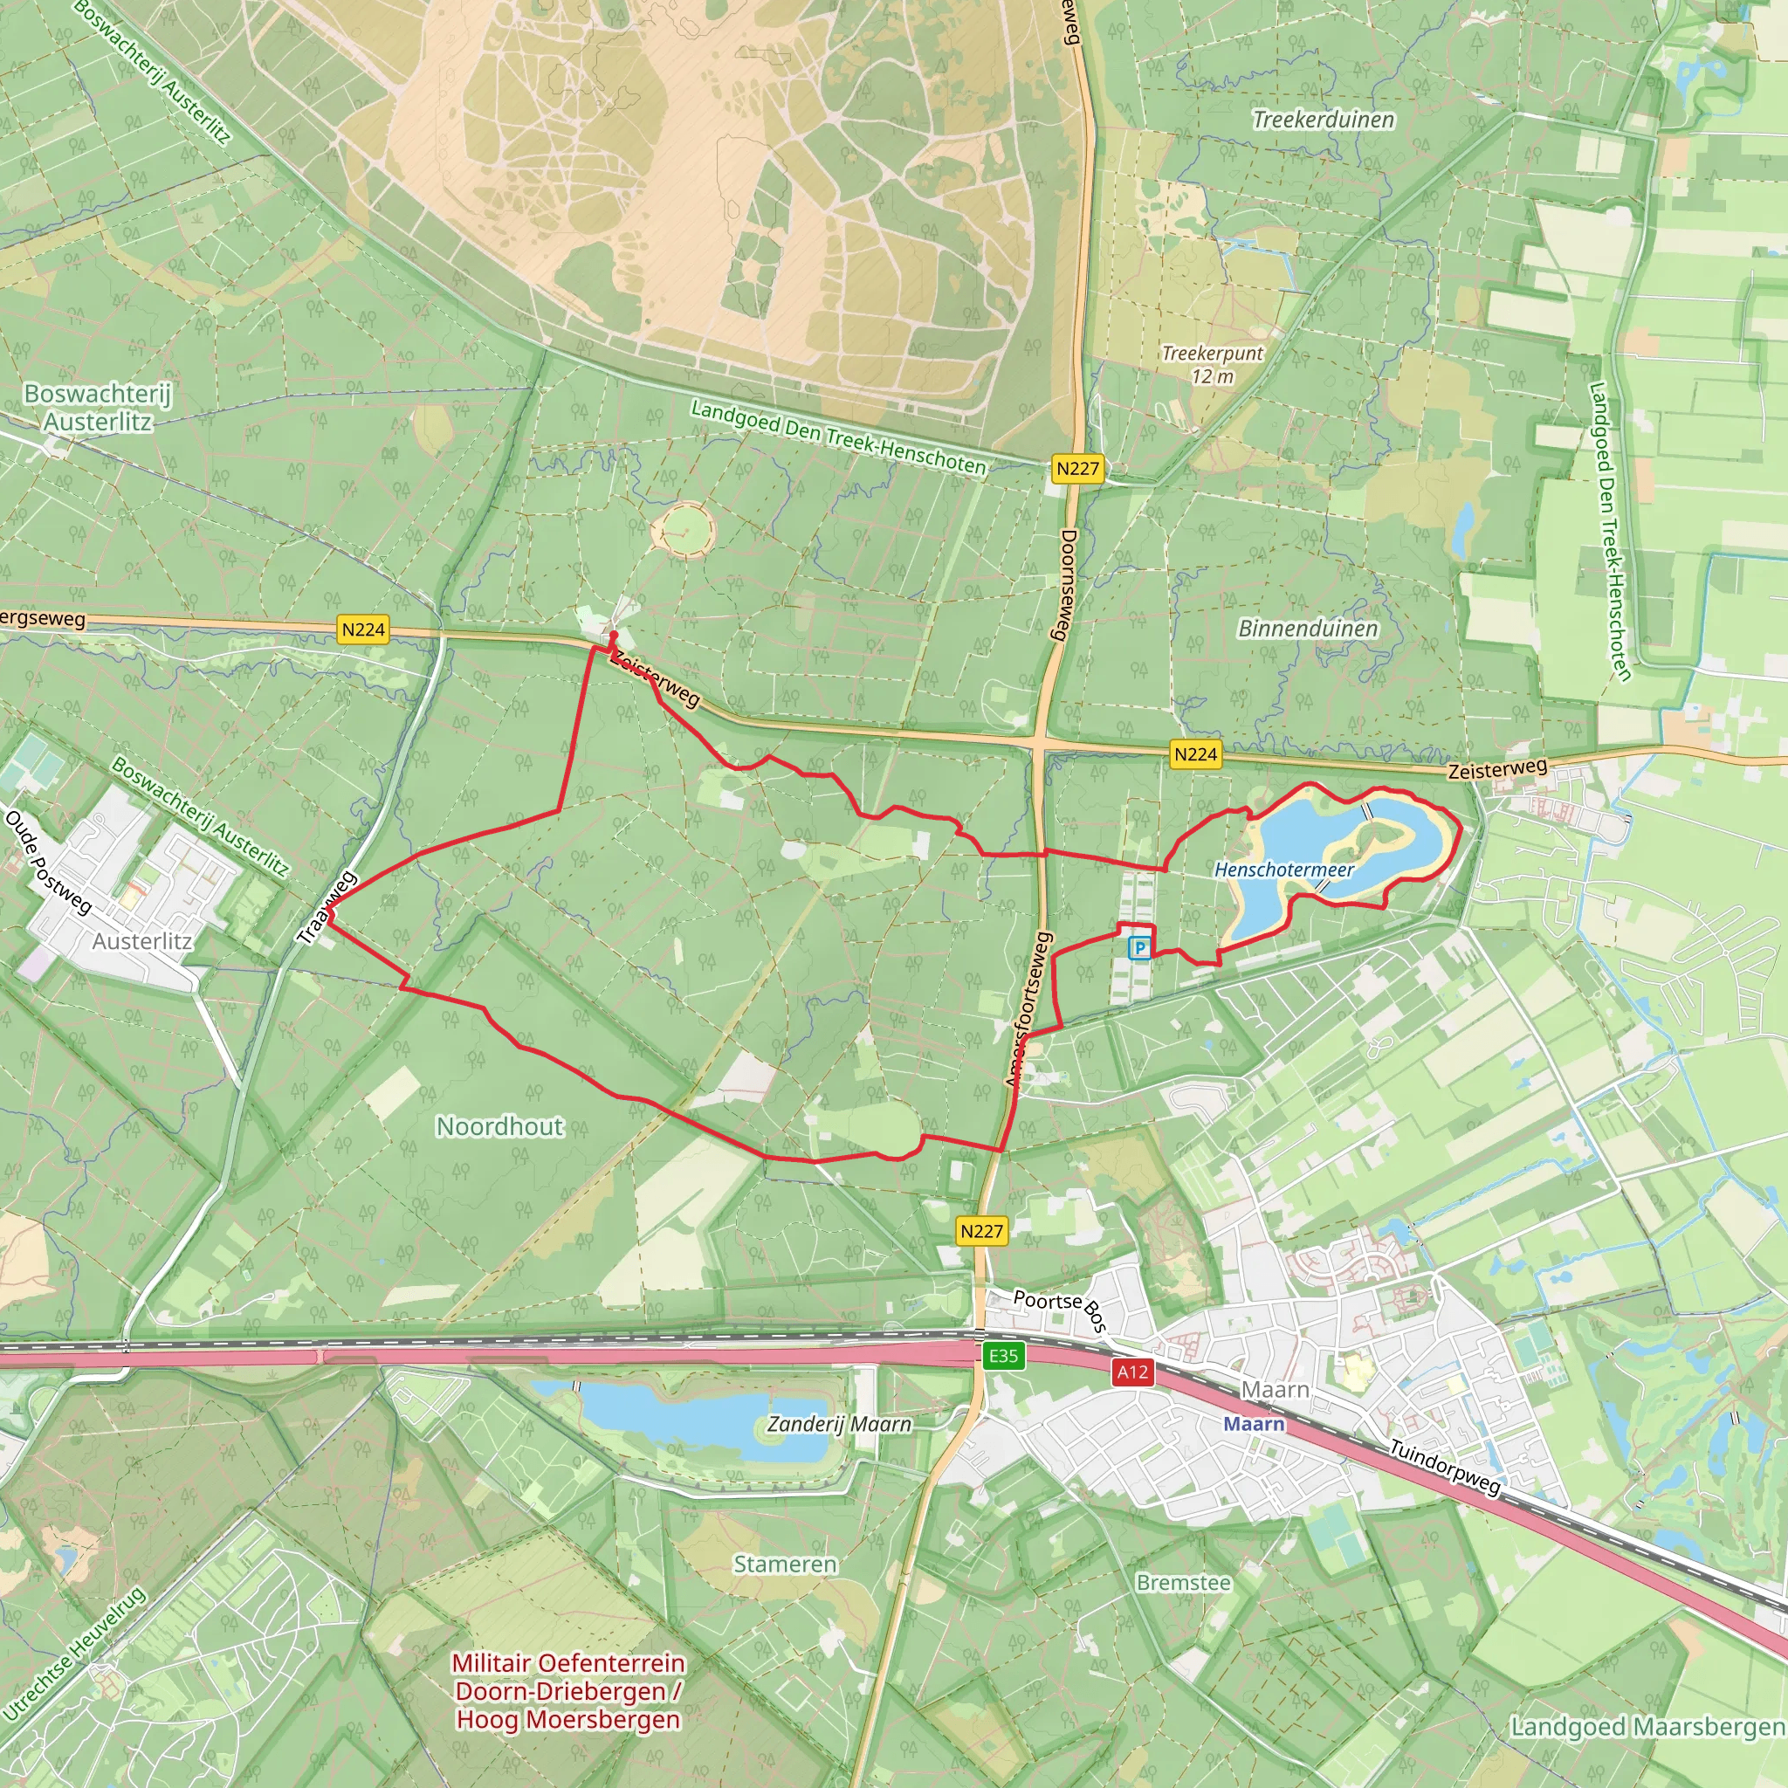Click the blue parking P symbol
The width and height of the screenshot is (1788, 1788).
(1140, 947)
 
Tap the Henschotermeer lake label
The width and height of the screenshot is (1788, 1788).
(1283, 870)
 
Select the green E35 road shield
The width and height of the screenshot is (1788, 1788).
(1003, 1357)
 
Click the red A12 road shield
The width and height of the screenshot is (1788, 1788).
(1132, 1372)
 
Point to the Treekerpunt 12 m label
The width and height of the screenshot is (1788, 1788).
(1213, 365)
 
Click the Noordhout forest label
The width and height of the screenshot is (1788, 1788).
(499, 1126)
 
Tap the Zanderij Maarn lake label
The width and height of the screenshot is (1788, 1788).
(839, 1424)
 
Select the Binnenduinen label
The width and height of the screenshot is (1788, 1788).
(1308, 629)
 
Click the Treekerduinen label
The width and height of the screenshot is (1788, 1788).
(1324, 120)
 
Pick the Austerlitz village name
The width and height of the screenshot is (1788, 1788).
(142, 941)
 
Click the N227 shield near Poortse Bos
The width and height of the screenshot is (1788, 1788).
(981, 1231)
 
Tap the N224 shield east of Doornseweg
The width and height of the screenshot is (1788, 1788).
(1195, 754)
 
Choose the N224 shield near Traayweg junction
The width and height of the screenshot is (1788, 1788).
(363, 629)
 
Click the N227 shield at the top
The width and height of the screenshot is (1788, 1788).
(1077, 468)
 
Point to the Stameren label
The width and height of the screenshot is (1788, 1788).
(785, 1564)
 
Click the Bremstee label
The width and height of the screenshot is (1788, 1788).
(1184, 1583)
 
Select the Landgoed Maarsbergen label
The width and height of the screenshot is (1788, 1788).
(1647, 1727)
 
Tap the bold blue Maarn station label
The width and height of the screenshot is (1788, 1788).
(1254, 1424)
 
